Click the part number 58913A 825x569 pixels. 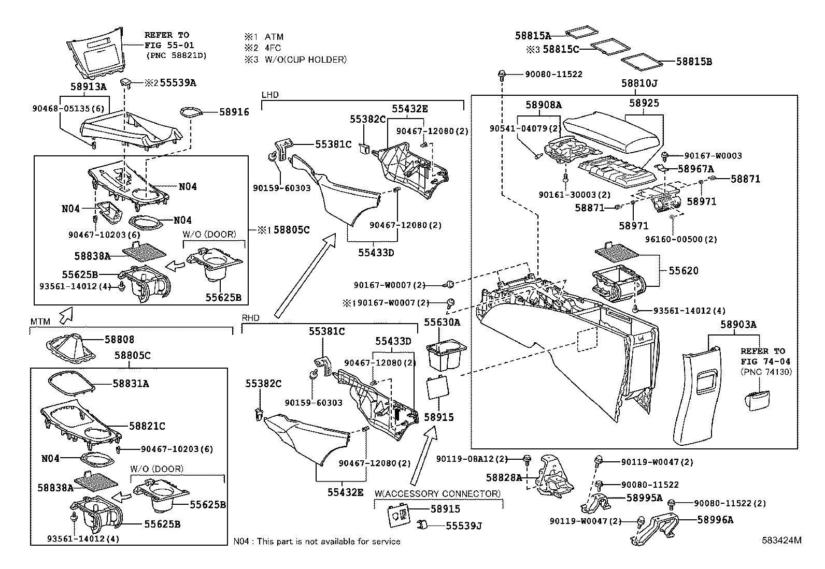coord(88,87)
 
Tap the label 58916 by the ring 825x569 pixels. coord(234,112)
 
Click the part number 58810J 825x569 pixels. coord(639,83)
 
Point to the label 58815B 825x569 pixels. coord(694,62)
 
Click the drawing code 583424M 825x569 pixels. coord(781,540)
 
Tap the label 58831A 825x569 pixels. coord(131,384)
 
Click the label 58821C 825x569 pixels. coord(147,426)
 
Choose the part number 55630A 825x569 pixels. coord(442,322)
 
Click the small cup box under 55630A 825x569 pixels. coord(445,355)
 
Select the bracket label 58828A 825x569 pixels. coord(504,477)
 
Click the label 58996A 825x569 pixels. coord(715,520)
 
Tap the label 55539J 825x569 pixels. coord(464,526)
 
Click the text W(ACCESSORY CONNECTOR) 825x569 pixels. coord(438,493)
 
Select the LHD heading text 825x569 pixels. coord(270,95)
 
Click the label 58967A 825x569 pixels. coord(695,169)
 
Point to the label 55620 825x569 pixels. coord(683,270)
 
